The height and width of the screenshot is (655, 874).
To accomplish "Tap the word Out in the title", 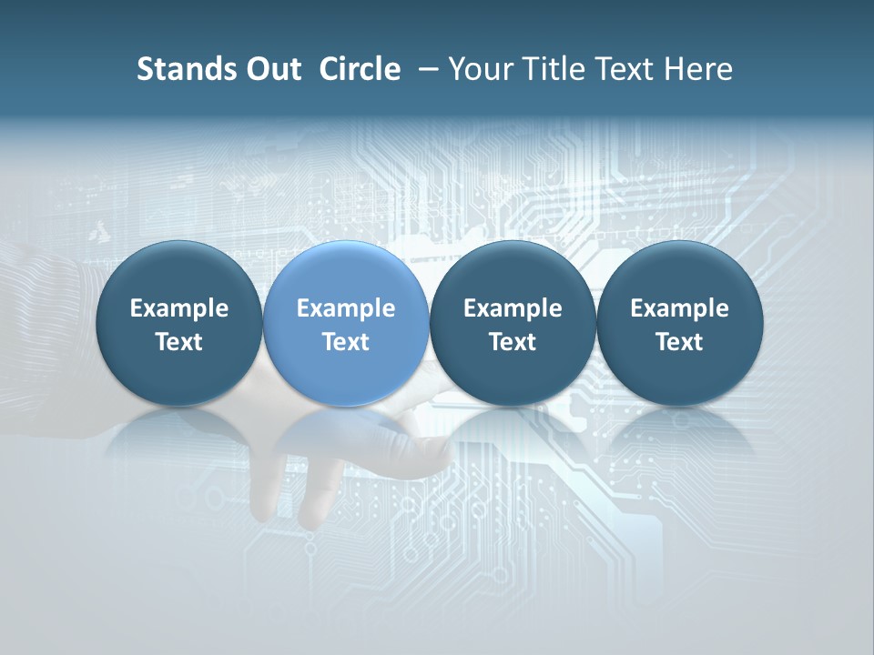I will [272, 69].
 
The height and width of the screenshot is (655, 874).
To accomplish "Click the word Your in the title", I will [477, 69].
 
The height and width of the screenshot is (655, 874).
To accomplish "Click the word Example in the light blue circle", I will [346, 308].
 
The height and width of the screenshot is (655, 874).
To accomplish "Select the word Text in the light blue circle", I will [346, 342].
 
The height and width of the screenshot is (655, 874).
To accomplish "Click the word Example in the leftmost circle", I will [179, 308].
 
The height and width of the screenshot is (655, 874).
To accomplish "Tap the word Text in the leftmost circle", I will [179, 342].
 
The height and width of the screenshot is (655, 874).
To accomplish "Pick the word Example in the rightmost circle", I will [679, 308].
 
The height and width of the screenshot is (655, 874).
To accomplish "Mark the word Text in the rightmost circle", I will [679, 342].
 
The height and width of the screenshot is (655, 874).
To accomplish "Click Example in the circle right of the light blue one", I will [513, 308].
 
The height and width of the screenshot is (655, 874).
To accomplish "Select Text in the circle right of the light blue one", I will [513, 342].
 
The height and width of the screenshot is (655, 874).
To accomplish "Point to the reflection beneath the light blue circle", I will [346, 437].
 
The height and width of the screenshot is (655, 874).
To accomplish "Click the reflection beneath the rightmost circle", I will [679, 437].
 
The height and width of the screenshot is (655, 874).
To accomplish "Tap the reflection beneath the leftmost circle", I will [179, 437].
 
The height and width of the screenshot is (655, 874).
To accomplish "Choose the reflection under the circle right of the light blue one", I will [513, 437].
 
